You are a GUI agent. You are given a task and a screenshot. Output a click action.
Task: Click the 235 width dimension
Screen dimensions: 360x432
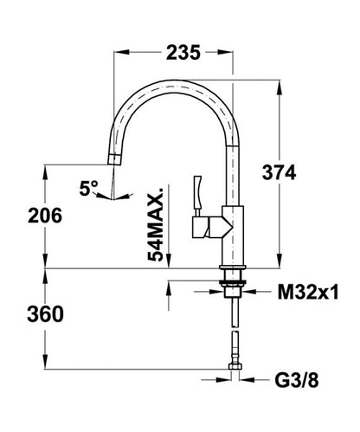tap(183, 53)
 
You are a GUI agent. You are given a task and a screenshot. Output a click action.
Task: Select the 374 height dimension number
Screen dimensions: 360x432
tap(279, 173)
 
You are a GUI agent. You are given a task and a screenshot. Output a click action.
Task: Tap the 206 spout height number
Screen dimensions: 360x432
tap(45, 216)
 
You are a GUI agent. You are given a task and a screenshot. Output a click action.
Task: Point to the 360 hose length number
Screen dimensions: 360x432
tap(45, 314)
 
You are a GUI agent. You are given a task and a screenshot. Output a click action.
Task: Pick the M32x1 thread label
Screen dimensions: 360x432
tap(308, 292)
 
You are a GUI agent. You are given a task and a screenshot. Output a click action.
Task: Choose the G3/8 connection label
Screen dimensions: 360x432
tap(297, 380)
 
